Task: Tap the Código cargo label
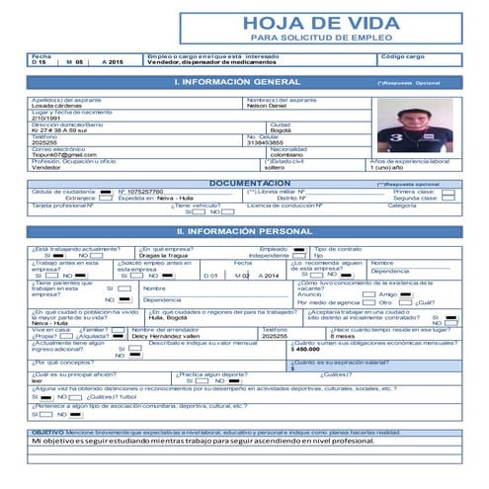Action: point(402,57)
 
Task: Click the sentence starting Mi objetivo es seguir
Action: point(188,441)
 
